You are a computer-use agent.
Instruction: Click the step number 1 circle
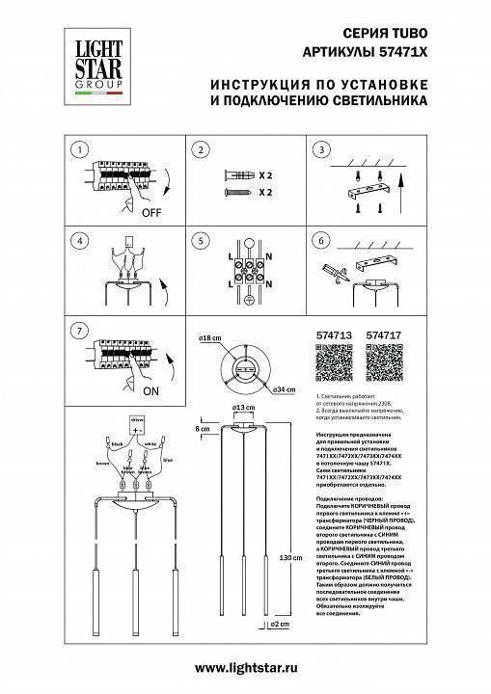pos(81,149)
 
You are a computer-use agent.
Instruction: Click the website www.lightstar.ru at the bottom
pos(245,667)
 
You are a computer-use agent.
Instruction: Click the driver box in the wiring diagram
pos(137,423)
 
